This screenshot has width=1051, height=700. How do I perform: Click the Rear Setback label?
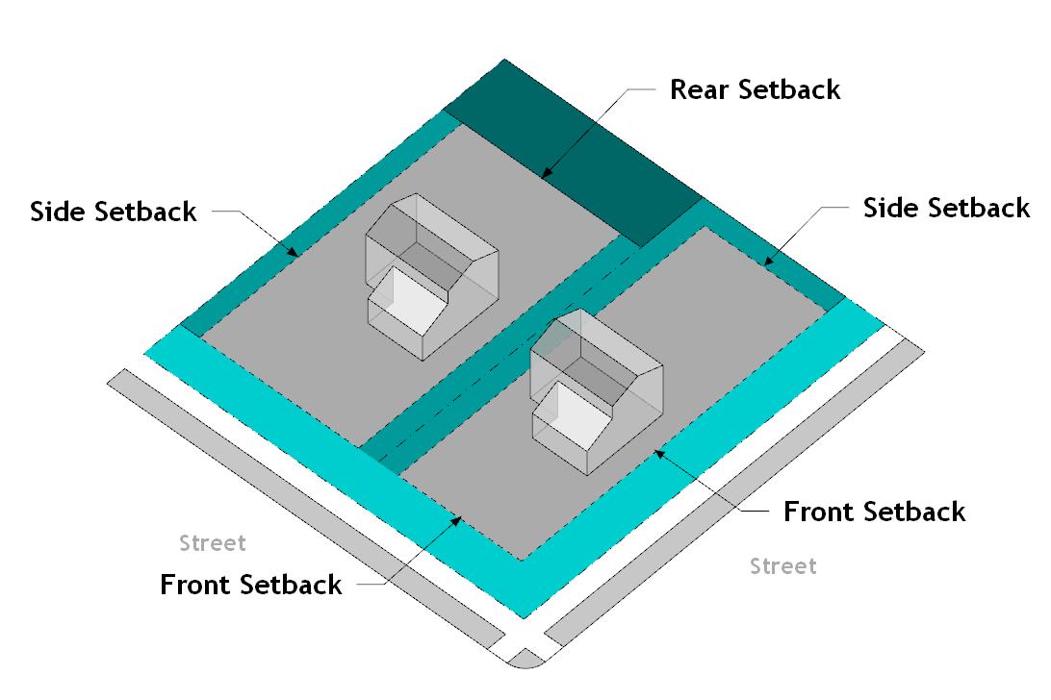tap(755, 89)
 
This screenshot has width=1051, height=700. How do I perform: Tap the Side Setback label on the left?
tap(114, 211)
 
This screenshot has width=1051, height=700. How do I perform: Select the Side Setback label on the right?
tap(946, 208)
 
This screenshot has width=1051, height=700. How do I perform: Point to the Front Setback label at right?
tap(874, 511)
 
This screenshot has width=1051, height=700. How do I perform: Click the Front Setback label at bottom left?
tap(250, 584)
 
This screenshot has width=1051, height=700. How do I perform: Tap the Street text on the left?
tap(213, 543)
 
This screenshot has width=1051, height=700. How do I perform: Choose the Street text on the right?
tap(783, 566)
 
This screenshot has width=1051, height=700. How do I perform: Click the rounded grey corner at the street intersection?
tap(525, 660)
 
